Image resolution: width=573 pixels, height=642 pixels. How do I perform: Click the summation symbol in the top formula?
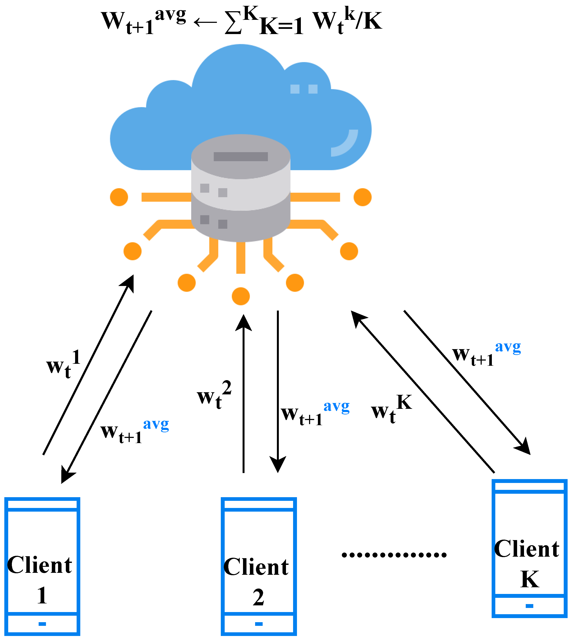coord(233,22)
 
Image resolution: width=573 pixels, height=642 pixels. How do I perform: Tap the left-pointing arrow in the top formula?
coord(205,22)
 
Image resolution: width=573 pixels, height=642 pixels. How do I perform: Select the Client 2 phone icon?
coord(259,567)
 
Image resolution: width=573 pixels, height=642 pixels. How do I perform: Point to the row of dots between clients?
coord(394,555)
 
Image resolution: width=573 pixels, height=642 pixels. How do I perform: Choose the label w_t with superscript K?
coord(391,409)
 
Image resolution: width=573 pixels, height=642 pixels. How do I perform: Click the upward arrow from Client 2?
coord(243,393)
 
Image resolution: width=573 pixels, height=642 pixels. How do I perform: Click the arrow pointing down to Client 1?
coord(106,397)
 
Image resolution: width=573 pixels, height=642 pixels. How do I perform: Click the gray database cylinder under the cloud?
coord(241,188)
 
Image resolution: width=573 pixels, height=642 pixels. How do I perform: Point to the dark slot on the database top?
coord(241,157)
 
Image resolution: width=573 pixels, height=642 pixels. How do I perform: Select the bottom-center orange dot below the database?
coord(241,296)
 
